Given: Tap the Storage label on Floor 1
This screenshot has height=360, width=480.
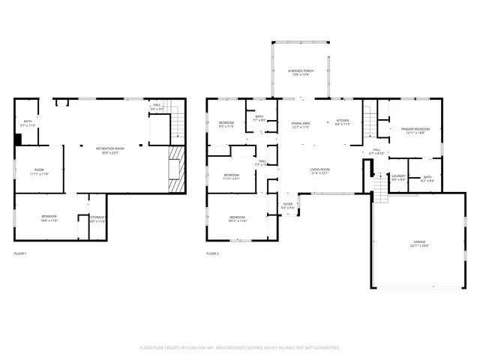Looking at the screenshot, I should [x=97, y=219].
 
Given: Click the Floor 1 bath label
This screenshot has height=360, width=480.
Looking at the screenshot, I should [x=27, y=123].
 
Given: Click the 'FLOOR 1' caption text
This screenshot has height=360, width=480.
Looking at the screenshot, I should [x=20, y=254].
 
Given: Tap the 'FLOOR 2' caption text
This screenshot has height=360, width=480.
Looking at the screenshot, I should [x=213, y=254].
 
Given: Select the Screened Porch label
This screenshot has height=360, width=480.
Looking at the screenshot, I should [x=301, y=73].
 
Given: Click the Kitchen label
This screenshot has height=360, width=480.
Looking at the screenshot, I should [x=342, y=122].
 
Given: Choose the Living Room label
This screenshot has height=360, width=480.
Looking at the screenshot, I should [x=320, y=171].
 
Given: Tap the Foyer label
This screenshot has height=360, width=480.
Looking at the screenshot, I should [x=287, y=205].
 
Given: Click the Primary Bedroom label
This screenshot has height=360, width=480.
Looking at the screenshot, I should [x=415, y=130].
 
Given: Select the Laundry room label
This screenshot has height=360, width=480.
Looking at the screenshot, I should [x=398, y=178].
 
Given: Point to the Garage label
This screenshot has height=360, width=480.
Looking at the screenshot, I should [x=418, y=244].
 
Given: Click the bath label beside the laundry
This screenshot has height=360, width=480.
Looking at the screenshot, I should [x=427, y=178].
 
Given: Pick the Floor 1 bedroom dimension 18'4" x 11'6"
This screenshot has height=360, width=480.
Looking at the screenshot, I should [x=49, y=220].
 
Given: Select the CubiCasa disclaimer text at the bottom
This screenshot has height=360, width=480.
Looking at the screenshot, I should [x=240, y=348].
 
